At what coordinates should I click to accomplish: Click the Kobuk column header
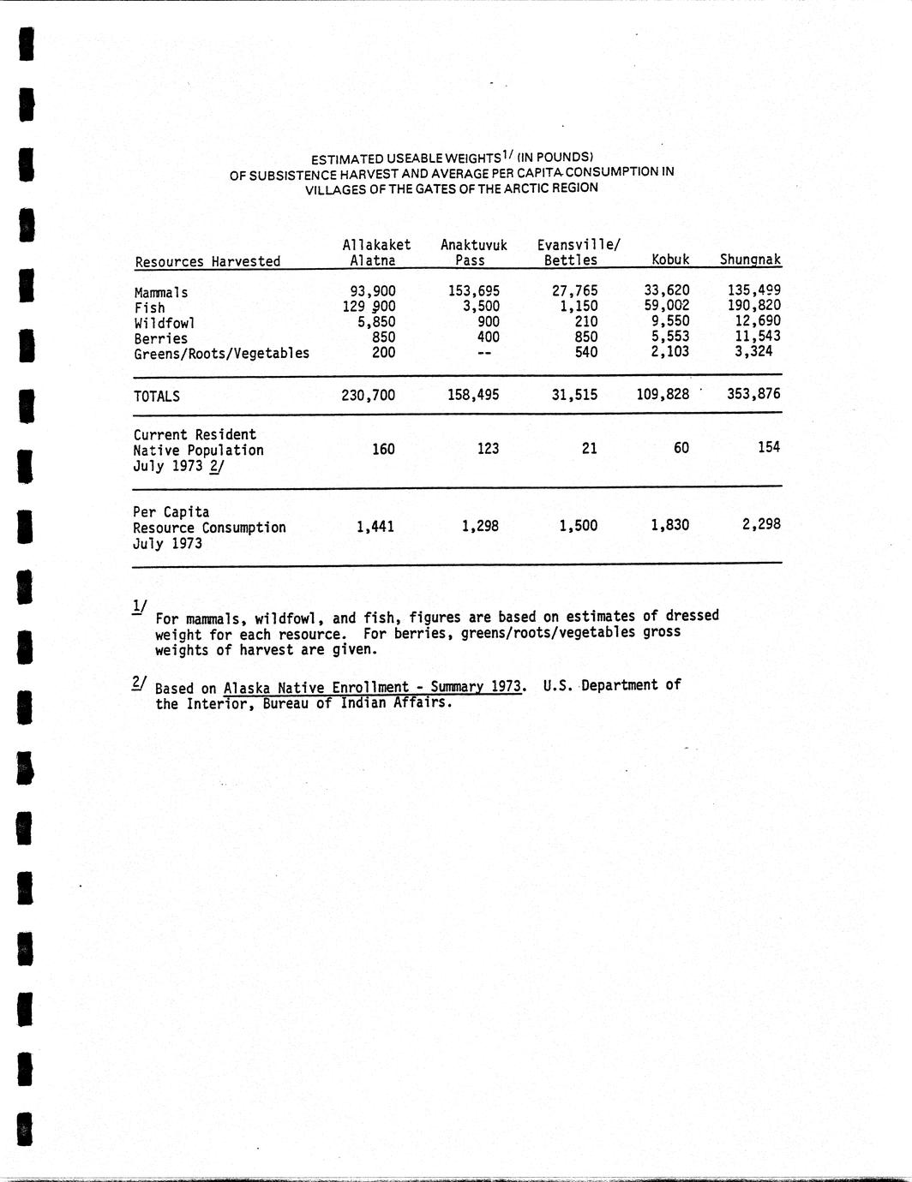click(x=670, y=259)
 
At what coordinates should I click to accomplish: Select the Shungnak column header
click(x=750, y=259)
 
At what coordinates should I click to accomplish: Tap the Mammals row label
click(x=161, y=292)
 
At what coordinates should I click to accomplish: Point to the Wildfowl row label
click(x=165, y=323)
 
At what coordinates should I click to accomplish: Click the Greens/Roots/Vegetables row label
click(x=221, y=353)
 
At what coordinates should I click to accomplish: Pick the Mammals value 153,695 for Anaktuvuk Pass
click(x=473, y=290)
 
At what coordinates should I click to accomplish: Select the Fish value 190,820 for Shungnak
click(x=753, y=306)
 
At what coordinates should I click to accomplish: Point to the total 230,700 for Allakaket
click(x=369, y=395)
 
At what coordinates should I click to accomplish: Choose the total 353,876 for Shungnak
click(x=753, y=394)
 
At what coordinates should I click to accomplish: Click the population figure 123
click(x=488, y=448)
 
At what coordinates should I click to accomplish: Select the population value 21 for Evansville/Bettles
click(x=589, y=448)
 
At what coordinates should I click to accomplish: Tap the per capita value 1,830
click(x=669, y=524)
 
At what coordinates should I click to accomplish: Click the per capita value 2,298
click(x=761, y=523)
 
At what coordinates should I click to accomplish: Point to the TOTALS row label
click(x=157, y=396)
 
